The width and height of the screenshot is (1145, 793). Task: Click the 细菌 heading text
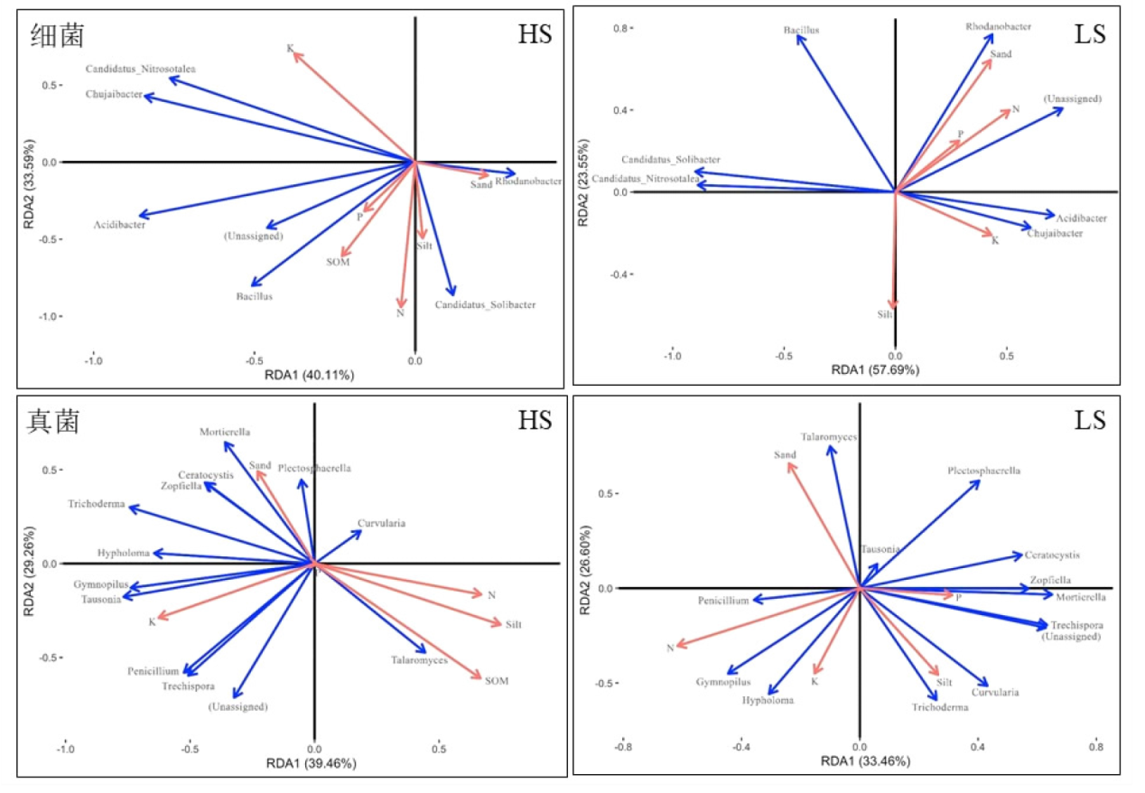58,35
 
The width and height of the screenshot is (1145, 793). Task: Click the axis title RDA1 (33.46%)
862,761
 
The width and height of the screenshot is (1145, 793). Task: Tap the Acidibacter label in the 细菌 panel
119,226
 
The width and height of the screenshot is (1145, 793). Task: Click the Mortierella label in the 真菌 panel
225,433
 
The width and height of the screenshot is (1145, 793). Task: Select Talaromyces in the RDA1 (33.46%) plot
828,437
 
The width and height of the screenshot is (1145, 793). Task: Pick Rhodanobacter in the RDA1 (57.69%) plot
998,27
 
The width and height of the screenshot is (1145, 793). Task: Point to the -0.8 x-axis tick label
623,747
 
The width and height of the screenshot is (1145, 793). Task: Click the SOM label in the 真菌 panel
496,681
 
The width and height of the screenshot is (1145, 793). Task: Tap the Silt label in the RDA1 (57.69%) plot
885,315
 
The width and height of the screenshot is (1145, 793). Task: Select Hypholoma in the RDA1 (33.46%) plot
768,701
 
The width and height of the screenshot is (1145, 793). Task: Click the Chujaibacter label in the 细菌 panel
114,95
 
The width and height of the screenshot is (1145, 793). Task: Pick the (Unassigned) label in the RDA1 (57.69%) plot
1072,98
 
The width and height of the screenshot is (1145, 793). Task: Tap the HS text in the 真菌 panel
535,420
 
